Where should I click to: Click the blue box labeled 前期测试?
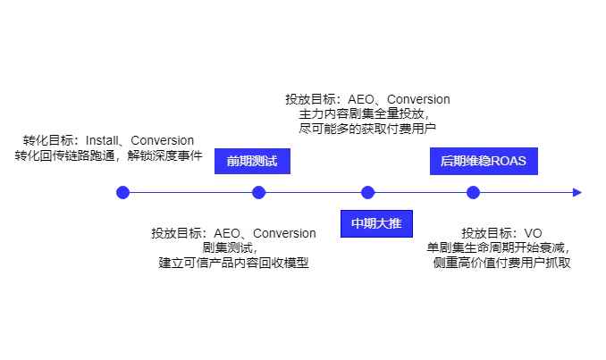(x=252, y=162)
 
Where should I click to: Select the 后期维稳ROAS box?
(x=484, y=162)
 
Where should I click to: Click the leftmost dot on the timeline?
(x=123, y=192)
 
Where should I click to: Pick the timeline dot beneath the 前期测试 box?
(x=259, y=192)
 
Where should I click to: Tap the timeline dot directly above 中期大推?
(x=367, y=192)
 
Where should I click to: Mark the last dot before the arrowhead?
(x=474, y=192)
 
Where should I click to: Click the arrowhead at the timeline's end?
(x=577, y=192)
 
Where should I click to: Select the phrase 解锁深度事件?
(x=165, y=155)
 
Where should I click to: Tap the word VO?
(x=533, y=233)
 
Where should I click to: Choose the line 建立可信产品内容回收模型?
(x=233, y=263)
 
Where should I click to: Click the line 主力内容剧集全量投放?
(x=363, y=114)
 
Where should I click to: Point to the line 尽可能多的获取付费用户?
(x=367, y=129)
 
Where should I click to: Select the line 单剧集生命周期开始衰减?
(x=499, y=247)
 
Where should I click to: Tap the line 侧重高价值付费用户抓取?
(x=501, y=263)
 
